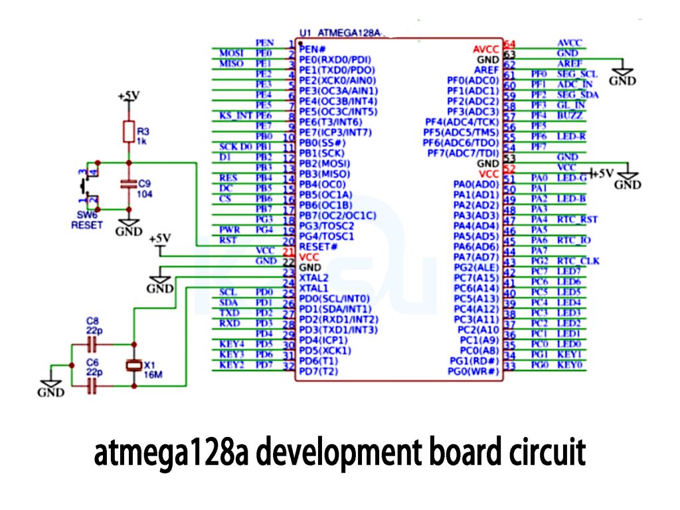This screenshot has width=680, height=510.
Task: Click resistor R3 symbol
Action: point(128,132)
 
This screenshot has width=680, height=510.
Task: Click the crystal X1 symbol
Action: point(133,365)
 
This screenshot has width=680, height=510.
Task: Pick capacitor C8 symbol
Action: point(92,344)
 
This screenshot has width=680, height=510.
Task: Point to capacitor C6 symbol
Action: point(92,386)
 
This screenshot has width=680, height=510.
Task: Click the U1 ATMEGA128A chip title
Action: point(341,32)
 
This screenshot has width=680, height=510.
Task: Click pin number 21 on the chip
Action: point(288,252)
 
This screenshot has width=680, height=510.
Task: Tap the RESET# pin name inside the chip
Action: point(318,246)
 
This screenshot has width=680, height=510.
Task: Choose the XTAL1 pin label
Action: point(314,288)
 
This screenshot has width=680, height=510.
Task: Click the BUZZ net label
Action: point(570,116)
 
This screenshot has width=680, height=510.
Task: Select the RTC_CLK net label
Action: point(578,261)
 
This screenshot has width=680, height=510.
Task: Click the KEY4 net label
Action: point(232,344)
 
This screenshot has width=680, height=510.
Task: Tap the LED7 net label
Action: point(568,271)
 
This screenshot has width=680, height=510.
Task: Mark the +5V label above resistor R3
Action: point(128,96)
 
